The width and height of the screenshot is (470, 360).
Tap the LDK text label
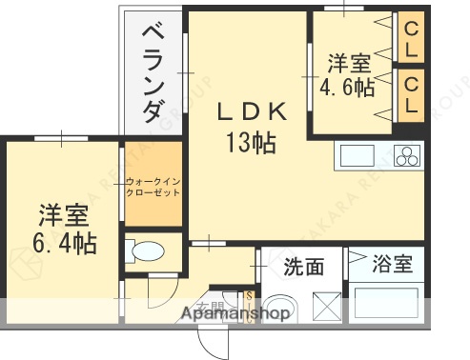(x=251, y=112)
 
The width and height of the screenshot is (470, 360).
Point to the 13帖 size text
(x=251, y=143)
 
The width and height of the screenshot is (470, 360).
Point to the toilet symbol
(x=146, y=252)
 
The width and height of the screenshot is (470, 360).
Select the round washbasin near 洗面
(x=285, y=303)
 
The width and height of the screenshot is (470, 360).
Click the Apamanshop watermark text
(x=234, y=311)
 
